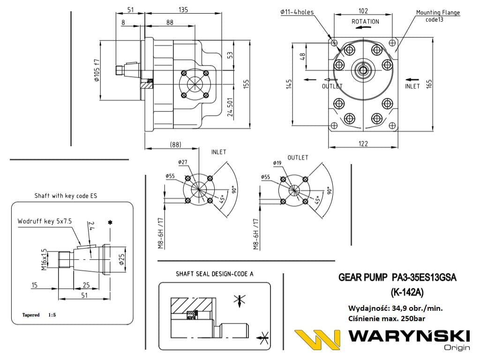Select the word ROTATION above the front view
(x=365, y=22)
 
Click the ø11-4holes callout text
(x=297, y=12)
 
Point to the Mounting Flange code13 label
(x=438, y=16)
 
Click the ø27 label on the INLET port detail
(x=182, y=162)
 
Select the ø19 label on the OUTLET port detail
(x=277, y=163)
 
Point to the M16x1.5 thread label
(x=45, y=260)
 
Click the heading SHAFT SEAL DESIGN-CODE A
(x=214, y=274)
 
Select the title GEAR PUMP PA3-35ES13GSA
(x=397, y=278)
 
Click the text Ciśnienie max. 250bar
(x=387, y=318)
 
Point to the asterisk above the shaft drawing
(x=110, y=223)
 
